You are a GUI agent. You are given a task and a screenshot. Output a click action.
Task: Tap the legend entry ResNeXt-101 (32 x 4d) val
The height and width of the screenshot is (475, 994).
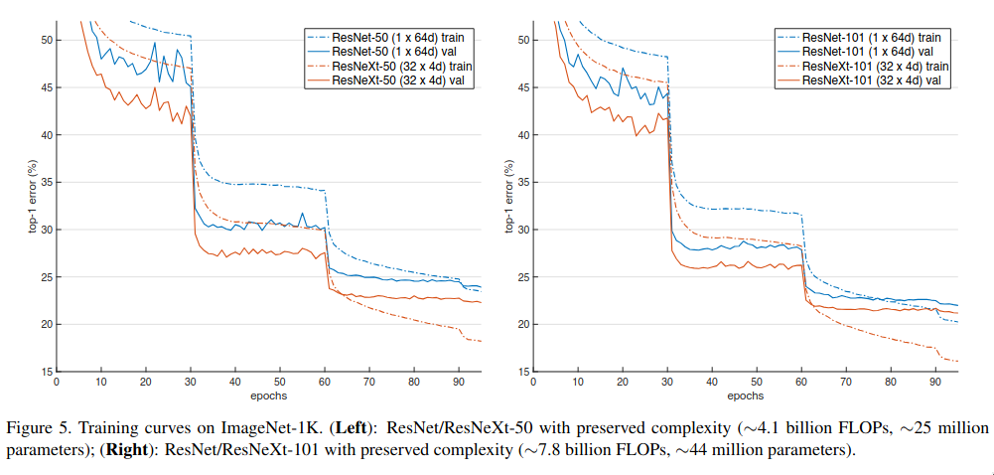pyautogui.click(x=871, y=79)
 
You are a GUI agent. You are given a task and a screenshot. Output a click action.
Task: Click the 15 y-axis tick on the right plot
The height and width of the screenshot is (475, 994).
pyautogui.click(x=514, y=372)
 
